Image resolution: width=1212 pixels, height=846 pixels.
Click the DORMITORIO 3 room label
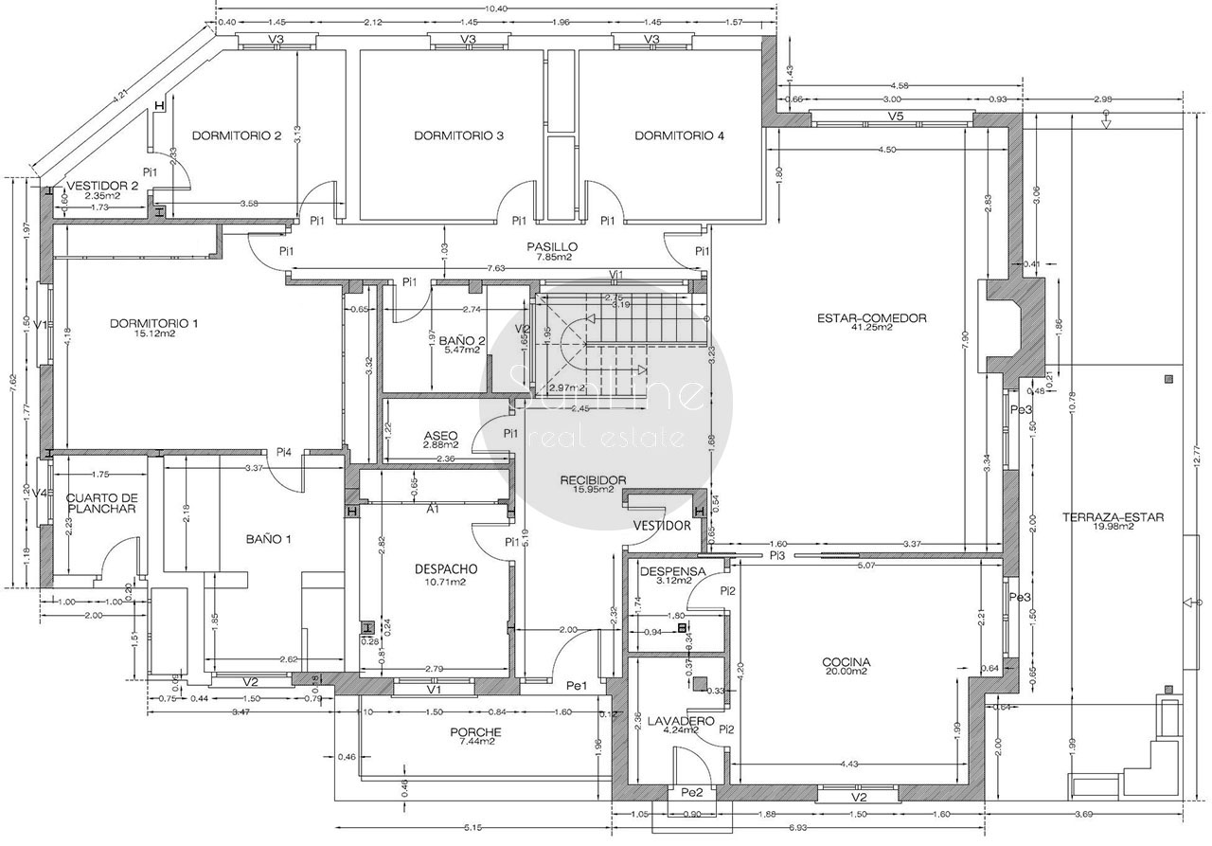(458, 136)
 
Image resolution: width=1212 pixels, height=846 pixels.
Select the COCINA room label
(847, 662)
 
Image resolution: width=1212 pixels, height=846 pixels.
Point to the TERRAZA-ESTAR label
(1113, 517)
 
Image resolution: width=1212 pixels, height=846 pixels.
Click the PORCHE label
(475, 732)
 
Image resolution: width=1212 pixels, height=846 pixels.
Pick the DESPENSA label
(672, 571)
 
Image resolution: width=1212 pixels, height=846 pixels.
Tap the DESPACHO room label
(445, 569)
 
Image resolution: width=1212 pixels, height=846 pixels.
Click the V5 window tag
(896, 116)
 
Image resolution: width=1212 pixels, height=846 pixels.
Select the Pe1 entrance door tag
(578, 686)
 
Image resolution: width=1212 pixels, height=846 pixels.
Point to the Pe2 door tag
(691, 792)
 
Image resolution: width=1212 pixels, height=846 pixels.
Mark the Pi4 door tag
(283, 452)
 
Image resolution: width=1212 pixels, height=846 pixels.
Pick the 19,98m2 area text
(1113, 527)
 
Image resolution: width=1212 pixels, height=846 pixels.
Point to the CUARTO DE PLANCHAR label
(102, 503)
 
